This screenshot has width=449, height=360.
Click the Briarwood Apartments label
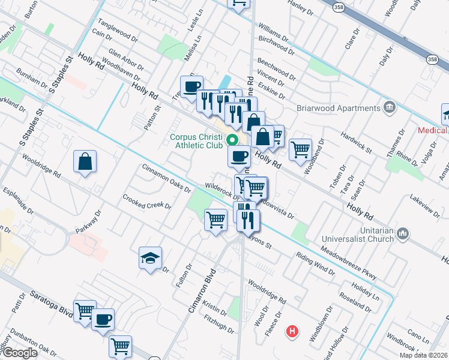tap(339, 108)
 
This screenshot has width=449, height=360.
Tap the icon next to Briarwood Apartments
tap(390, 108)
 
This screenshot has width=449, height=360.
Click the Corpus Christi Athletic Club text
tap(196, 140)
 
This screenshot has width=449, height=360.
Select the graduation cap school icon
tap(150, 258)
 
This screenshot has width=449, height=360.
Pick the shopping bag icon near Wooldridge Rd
tap(85, 161)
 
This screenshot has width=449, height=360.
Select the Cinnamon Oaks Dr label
tap(166, 178)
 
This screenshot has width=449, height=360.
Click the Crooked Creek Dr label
tap(147, 202)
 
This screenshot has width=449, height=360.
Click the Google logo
tap(19, 353)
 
